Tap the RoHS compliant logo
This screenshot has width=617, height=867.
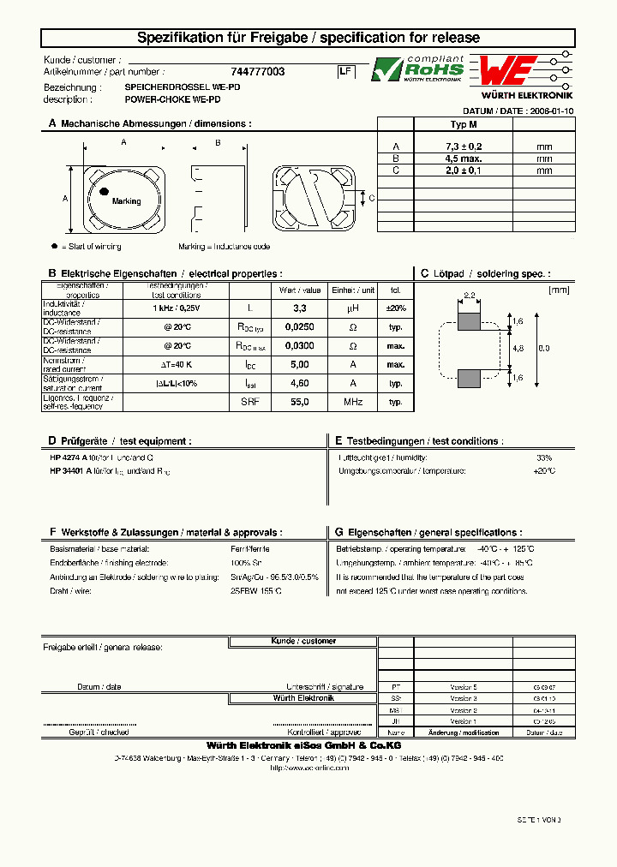point(417,69)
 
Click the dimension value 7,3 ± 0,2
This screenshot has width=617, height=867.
point(463,147)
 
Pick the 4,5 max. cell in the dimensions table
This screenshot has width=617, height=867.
point(463,158)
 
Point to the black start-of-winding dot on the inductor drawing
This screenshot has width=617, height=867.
point(104,191)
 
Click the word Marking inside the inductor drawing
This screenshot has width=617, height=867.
point(126,201)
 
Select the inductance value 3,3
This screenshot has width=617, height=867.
point(300,308)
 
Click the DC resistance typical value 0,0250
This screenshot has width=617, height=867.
point(300,327)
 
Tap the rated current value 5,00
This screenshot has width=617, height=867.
point(300,365)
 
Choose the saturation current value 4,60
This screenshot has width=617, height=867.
point(300,384)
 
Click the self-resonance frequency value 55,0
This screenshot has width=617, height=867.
point(300,402)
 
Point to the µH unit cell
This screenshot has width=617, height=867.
point(352,308)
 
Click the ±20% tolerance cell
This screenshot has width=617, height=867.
point(396,308)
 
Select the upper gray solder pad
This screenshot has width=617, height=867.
point(470,321)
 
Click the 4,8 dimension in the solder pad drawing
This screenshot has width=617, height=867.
point(518,349)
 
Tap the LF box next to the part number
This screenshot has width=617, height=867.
point(345,73)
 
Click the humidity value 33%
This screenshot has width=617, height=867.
point(544,458)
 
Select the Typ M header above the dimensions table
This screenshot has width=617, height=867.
point(463,124)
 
